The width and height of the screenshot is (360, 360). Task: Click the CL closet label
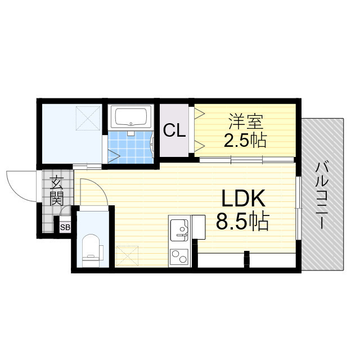click(x=174, y=130)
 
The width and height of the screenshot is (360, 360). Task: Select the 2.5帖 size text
click(x=245, y=140)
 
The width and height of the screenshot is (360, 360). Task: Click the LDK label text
click(x=244, y=198)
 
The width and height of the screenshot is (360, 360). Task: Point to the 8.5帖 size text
click(x=242, y=221)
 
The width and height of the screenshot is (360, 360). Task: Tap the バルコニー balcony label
click(x=322, y=195)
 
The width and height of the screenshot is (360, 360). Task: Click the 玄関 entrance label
click(x=56, y=191)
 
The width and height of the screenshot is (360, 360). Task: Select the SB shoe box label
click(x=65, y=227)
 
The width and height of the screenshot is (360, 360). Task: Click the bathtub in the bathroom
click(x=131, y=117)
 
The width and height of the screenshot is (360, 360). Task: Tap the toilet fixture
click(x=91, y=251)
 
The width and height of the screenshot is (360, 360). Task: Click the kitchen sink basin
click(x=179, y=230)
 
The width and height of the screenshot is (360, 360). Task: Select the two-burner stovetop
click(x=179, y=256)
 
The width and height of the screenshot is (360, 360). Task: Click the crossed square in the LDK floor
click(x=128, y=256)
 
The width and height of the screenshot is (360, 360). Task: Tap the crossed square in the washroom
click(x=88, y=118)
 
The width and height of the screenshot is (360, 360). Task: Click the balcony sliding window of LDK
click(x=298, y=208)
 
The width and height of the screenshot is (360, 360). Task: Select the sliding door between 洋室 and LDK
click(x=246, y=160)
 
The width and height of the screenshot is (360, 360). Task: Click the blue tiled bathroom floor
click(x=130, y=147)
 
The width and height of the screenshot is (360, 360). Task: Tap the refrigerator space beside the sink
click(x=199, y=227)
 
